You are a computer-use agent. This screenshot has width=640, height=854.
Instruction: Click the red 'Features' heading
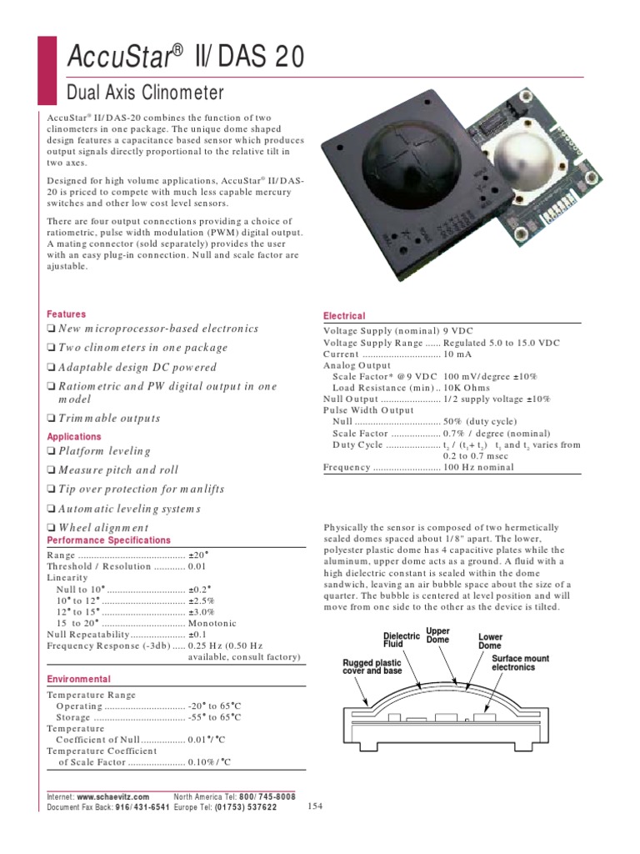66,314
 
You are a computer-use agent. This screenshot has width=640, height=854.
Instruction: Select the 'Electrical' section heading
344,316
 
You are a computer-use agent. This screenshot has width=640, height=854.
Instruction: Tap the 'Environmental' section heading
78,680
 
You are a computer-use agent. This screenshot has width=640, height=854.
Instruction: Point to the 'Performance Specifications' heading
108,540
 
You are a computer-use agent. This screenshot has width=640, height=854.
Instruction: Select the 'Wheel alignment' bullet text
103,528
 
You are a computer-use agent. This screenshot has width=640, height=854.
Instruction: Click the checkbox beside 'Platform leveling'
51,451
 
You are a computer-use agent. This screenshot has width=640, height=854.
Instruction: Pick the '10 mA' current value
459,354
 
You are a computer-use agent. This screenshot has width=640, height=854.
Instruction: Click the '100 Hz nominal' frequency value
478,468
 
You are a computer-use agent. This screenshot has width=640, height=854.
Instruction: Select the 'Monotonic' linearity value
212,623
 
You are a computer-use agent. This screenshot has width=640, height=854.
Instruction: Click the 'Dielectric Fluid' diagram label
401,640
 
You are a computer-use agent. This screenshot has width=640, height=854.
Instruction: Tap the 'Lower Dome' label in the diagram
490,641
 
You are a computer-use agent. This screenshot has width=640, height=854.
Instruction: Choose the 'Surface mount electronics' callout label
520,663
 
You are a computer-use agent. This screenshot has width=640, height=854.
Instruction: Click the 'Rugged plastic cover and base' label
372,666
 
